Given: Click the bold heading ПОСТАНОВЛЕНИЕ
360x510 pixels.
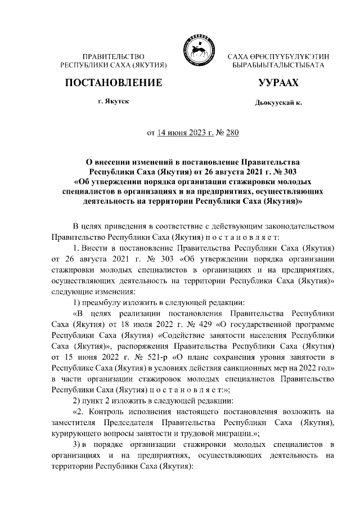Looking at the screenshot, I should [x=114, y=83].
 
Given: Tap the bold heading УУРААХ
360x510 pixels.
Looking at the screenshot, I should [x=278, y=83].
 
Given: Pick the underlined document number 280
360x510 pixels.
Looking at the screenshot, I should [x=232, y=133].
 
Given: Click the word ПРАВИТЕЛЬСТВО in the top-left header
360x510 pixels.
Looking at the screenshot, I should [x=114, y=57].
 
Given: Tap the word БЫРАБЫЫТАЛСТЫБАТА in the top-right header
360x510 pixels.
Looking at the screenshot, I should [x=278, y=66].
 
